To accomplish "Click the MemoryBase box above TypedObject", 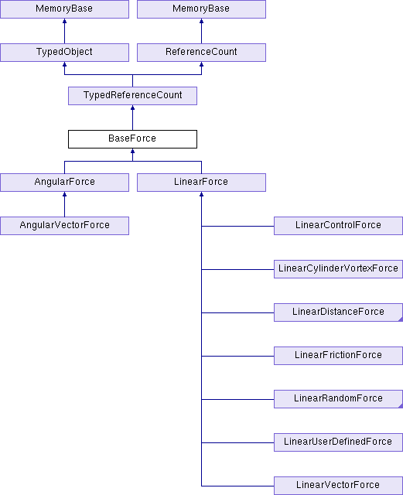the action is (x=64, y=9).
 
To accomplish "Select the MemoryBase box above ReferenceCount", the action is (x=201, y=9).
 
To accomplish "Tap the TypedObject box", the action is (x=64, y=53).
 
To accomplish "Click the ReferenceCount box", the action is (x=201, y=53).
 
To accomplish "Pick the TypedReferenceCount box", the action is (x=132, y=96).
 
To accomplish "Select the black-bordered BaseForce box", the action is (x=132, y=139).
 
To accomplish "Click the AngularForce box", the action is (x=64, y=183).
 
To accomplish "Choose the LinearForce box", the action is (x=201, y=183).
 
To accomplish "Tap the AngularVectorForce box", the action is (x=64, y=226).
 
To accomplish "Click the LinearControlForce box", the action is (x=338, y=226).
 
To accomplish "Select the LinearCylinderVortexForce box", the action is (x=338, y=269).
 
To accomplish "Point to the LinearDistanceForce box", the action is (x=338, y=312).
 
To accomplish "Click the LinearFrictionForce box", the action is (x=338, y=356).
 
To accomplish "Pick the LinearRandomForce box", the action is (x=338, y=399).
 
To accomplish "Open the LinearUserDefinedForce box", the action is (x=338, y=442).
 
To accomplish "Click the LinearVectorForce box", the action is (x=338, y=486).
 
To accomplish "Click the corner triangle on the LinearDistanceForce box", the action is (x=401, y=319).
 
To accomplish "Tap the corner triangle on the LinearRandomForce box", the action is (x=401, y=406).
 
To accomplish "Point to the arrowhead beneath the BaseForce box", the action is (x=132, y=151).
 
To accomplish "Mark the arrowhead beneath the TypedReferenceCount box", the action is (x=132, y=108).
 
